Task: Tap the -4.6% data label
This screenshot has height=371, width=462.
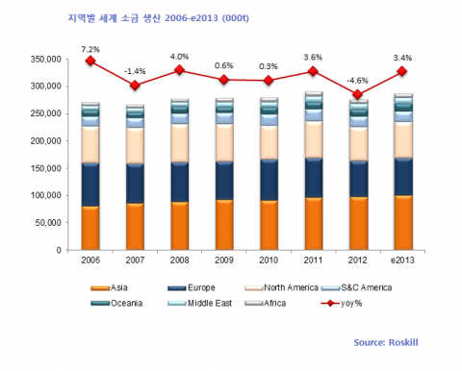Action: click(x=358, y=79)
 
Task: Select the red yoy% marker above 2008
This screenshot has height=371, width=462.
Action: click(x=179, y=70)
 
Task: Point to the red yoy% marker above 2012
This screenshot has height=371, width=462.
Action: click(x=358, y=94)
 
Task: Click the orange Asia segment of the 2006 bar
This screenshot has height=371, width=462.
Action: click(x=90, y=228)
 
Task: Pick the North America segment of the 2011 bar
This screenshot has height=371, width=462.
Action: click(x=314, y=139)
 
